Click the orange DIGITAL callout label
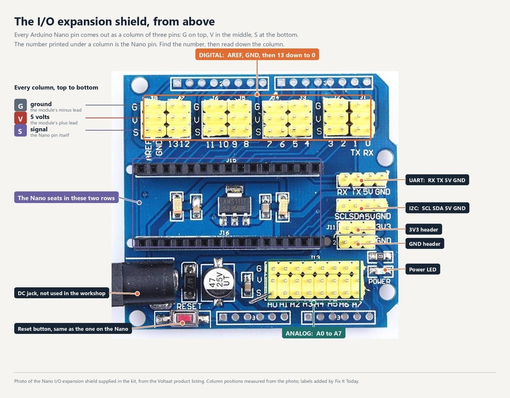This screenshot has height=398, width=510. (257, 55)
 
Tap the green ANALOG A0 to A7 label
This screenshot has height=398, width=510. (314, 333)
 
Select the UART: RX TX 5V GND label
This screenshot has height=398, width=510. (437, 180)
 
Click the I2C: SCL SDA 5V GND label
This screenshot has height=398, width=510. (437, 208)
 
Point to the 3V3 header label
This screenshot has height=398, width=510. (423, 229)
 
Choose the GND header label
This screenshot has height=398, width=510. (424, 244)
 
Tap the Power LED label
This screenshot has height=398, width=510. (423, 269)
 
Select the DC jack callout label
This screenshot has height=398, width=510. (61, 293)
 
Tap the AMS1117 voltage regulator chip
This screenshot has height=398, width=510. (234, 205)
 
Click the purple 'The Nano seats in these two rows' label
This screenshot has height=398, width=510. (66, 198)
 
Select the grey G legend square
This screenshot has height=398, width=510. (20, 105)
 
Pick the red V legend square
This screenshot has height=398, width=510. (20, 118)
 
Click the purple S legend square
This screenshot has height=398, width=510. (20, 131)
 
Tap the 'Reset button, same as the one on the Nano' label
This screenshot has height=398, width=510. (73, 329)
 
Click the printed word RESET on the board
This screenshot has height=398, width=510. (189, 306)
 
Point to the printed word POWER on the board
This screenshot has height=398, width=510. (380, 281)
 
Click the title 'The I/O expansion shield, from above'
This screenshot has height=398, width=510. (114, 21)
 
